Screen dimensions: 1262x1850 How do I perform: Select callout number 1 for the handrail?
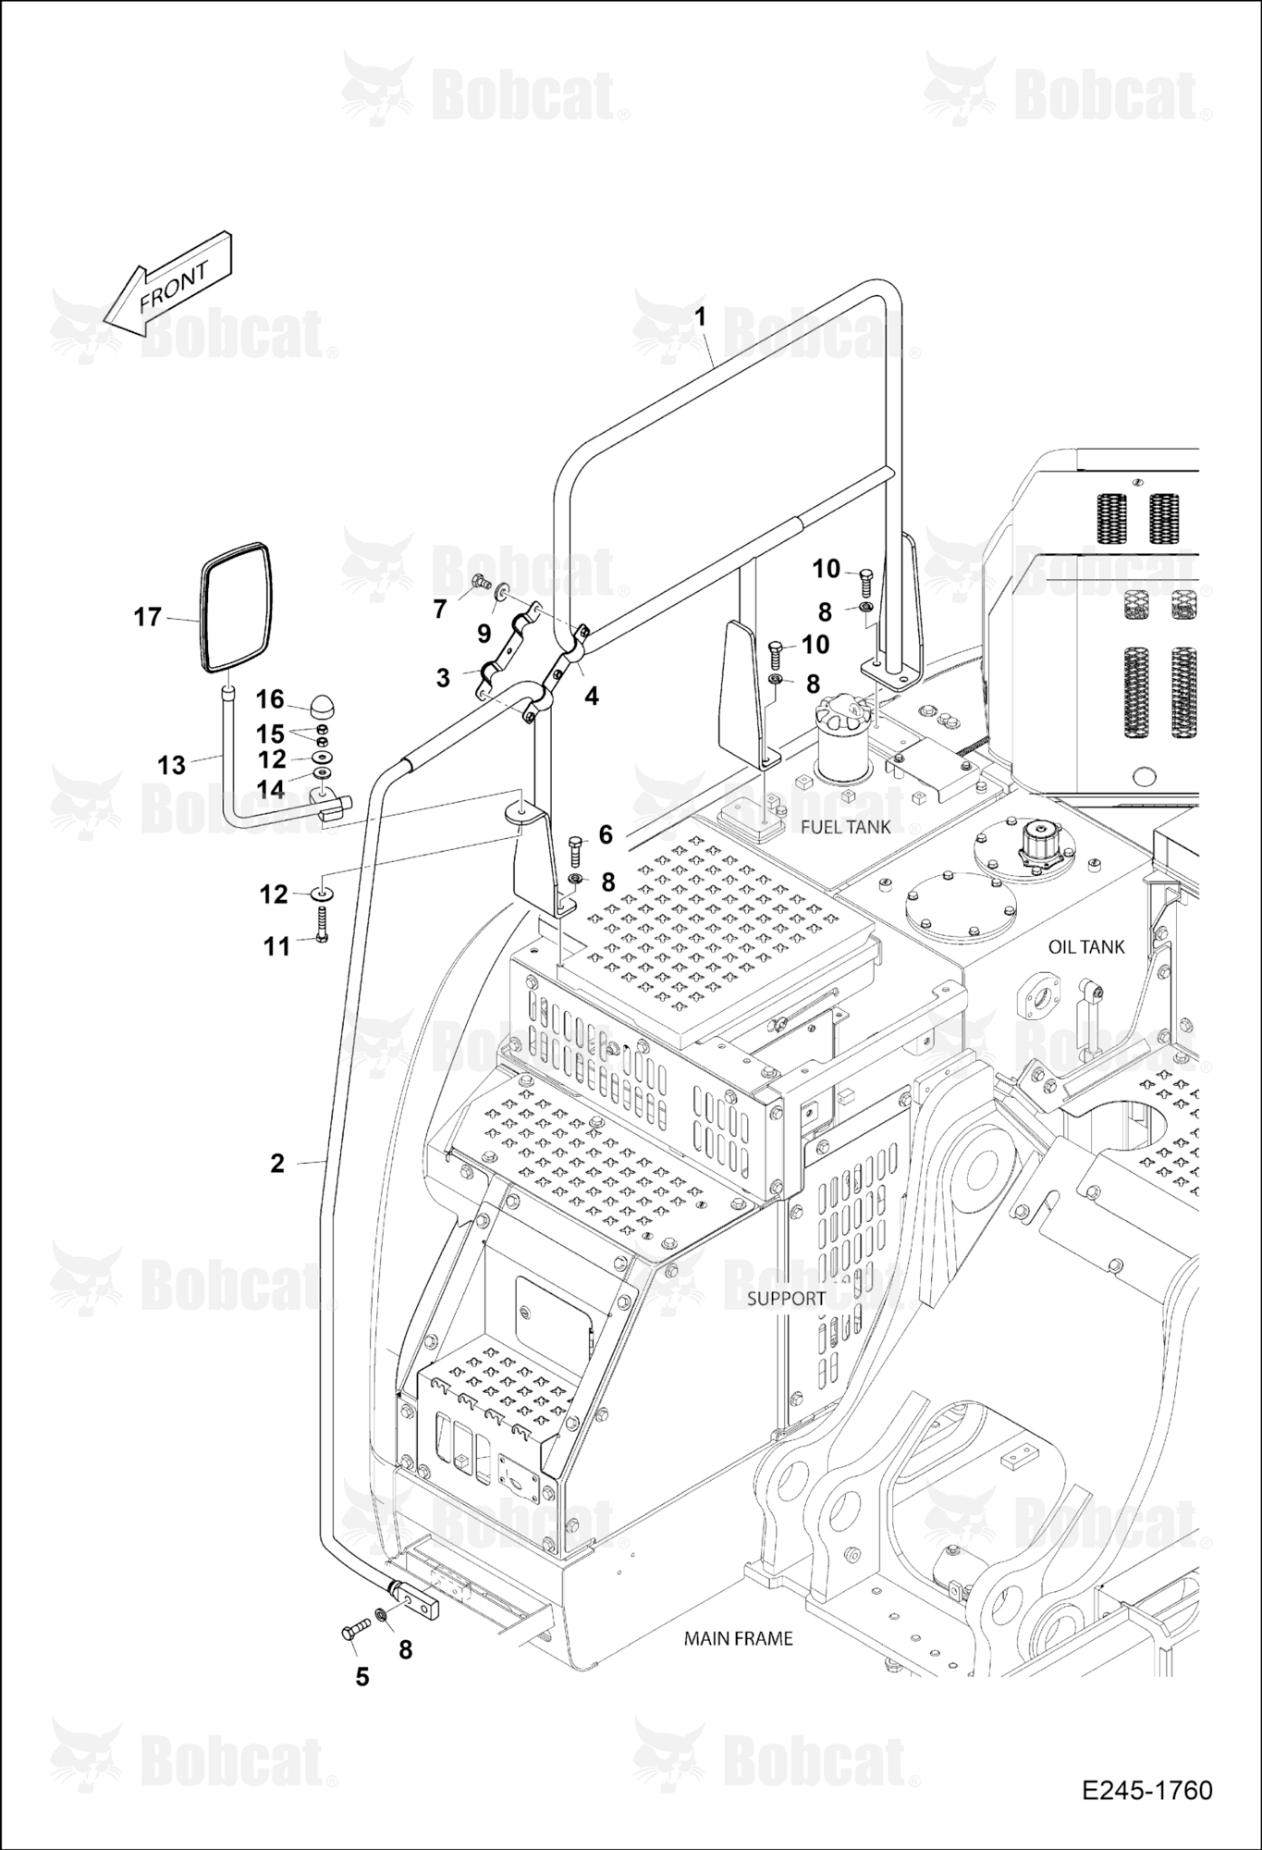coord(700,317)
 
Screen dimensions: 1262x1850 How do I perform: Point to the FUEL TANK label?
coord(845,826)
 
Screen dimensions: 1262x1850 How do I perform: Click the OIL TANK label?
coord(1086,946)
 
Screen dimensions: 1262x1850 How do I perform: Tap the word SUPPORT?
coord(786,1298)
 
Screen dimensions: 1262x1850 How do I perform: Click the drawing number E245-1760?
coord(1146,1790)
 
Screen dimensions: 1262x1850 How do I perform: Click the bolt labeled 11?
coord(323,924)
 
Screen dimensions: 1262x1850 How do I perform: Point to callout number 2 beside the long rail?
coord(277,1163)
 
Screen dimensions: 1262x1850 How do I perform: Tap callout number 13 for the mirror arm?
coord(172,765)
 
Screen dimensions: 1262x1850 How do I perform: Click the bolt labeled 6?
coord(573,848)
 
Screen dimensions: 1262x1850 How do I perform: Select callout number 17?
coord(148,616)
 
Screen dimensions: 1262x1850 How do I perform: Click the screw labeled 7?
coord(480,582)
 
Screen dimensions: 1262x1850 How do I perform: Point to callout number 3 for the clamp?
coord(443,678)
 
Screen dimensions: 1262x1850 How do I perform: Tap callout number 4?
coord(592,696)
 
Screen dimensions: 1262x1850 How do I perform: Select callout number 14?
coord(271,788)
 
